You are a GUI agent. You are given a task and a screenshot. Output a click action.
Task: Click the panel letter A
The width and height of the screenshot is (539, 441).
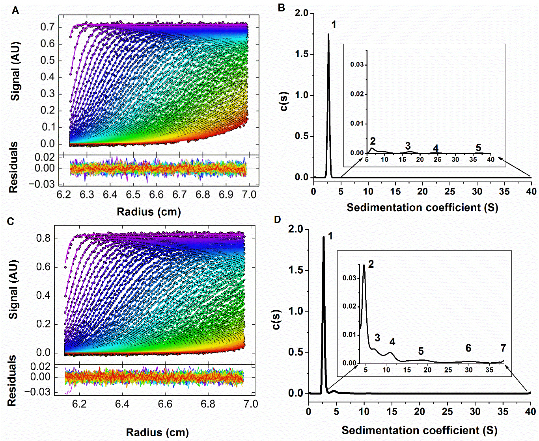(x=15, y=11)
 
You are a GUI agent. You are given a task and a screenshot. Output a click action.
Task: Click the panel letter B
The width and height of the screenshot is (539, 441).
(x=282, y=7)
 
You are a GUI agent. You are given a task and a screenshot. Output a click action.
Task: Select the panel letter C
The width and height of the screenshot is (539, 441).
(x=11, y=221)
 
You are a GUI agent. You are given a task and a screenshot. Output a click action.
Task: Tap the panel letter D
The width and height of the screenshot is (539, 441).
(x=277, y=219)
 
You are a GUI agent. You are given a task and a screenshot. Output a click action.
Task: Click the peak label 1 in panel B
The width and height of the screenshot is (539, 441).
(x=334, y=25)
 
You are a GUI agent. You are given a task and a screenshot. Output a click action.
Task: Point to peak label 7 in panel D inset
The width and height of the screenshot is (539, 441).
(x=503, y=348)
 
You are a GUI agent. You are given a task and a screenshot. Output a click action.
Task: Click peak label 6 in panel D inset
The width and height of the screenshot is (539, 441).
(x=468, y=348)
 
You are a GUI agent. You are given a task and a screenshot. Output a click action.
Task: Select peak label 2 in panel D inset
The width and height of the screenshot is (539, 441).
(x=371, y=264)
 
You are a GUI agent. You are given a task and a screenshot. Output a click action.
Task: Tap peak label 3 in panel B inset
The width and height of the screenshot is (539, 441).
(x=408, y=146)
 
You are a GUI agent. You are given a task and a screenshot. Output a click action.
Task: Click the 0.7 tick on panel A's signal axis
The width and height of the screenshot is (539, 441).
(x=47, y=27)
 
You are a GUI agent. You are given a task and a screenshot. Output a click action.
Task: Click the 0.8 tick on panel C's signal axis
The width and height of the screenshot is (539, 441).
(x=43, y=238)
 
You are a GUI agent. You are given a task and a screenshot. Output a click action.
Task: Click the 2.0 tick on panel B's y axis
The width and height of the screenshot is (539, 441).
(x=302, y=13)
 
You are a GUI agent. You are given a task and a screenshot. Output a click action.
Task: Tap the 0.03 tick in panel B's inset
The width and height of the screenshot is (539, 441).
(x=357, y=65)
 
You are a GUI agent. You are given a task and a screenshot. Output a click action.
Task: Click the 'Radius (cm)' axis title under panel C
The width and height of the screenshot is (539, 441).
(x=157, y=432)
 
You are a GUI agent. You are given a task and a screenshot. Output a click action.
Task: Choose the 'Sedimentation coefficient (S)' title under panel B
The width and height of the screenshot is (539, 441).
(x=422, y=208)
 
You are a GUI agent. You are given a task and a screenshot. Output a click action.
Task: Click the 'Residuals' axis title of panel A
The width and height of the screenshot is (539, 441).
(x=14, y=167)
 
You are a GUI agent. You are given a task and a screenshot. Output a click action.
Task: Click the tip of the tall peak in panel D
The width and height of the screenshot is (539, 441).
(x=324, y=237)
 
